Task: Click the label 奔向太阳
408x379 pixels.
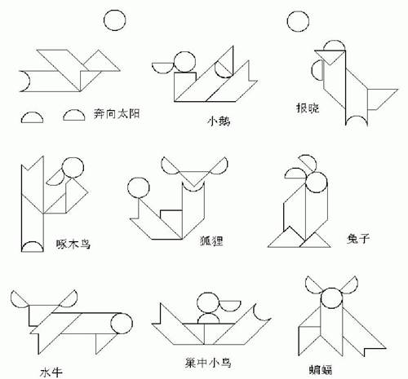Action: [x=117, y=113]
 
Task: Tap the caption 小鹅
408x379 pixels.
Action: [x=219, y=121]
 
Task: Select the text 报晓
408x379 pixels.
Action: [x=308, y=108]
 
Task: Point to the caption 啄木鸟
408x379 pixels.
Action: [x=73, y=245]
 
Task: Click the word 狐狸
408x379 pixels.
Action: [x=211, y=240]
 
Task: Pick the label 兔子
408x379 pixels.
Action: [x=357, y=239]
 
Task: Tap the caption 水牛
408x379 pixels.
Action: [x=51, y=372]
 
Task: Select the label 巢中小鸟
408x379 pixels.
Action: [x=208, y=363]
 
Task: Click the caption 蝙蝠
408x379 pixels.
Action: [x=320, y=369]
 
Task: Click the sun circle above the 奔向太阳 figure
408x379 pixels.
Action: [x=114, y=20]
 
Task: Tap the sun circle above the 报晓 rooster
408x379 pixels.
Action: [x=298, y=21]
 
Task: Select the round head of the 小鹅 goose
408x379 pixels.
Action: [x=184, y=62]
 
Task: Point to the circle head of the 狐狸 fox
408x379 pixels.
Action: [x=139, y=188]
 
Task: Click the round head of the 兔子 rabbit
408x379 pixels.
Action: [x=317, y=183]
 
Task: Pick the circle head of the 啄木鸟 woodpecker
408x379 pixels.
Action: [x=73, y=168]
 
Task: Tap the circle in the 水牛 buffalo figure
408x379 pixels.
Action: [x=122, y=324]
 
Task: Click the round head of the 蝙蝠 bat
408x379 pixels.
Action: [x=331, y=298]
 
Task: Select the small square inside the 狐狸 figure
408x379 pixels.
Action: [x=171, y=218]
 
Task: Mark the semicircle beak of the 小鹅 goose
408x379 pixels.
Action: [x=162, y=68]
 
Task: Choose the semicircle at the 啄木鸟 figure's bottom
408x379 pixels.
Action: [x=33, y=246]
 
